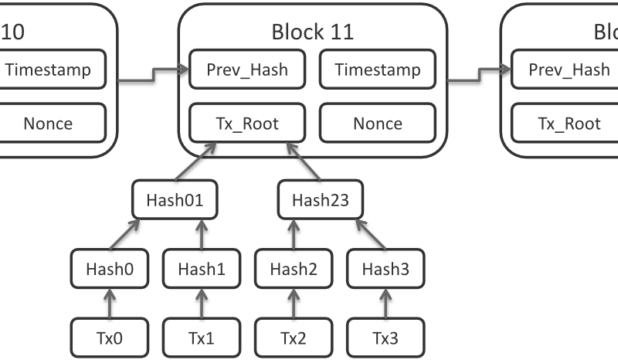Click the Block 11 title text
313,32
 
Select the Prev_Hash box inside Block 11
247,70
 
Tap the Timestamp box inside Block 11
378,70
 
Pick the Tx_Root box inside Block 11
247,123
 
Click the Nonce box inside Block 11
378,123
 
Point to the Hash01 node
174,200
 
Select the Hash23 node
320,200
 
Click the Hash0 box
109,269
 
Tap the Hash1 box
201,269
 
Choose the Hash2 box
293,269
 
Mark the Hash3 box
384,269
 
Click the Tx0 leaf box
109,338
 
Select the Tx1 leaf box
201,338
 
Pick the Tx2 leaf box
293,338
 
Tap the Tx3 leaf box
384,338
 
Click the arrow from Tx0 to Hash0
109,303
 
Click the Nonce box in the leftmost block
48,123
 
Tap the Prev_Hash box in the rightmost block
569,70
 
